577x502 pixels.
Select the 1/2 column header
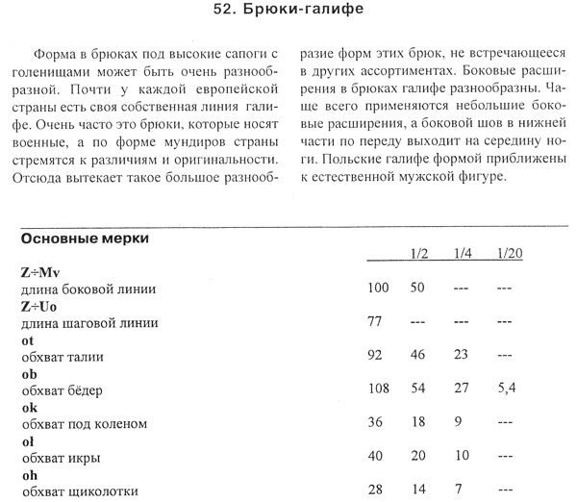click(x=419, y=254)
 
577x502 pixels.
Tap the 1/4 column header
click(x=464, y=254)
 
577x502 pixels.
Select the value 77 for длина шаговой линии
click(x=376, y=322)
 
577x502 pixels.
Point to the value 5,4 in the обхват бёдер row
click(x=509, y=390)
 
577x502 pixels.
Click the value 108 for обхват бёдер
click(x=380, y=390)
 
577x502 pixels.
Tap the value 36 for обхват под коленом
click(x=377, y=424)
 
